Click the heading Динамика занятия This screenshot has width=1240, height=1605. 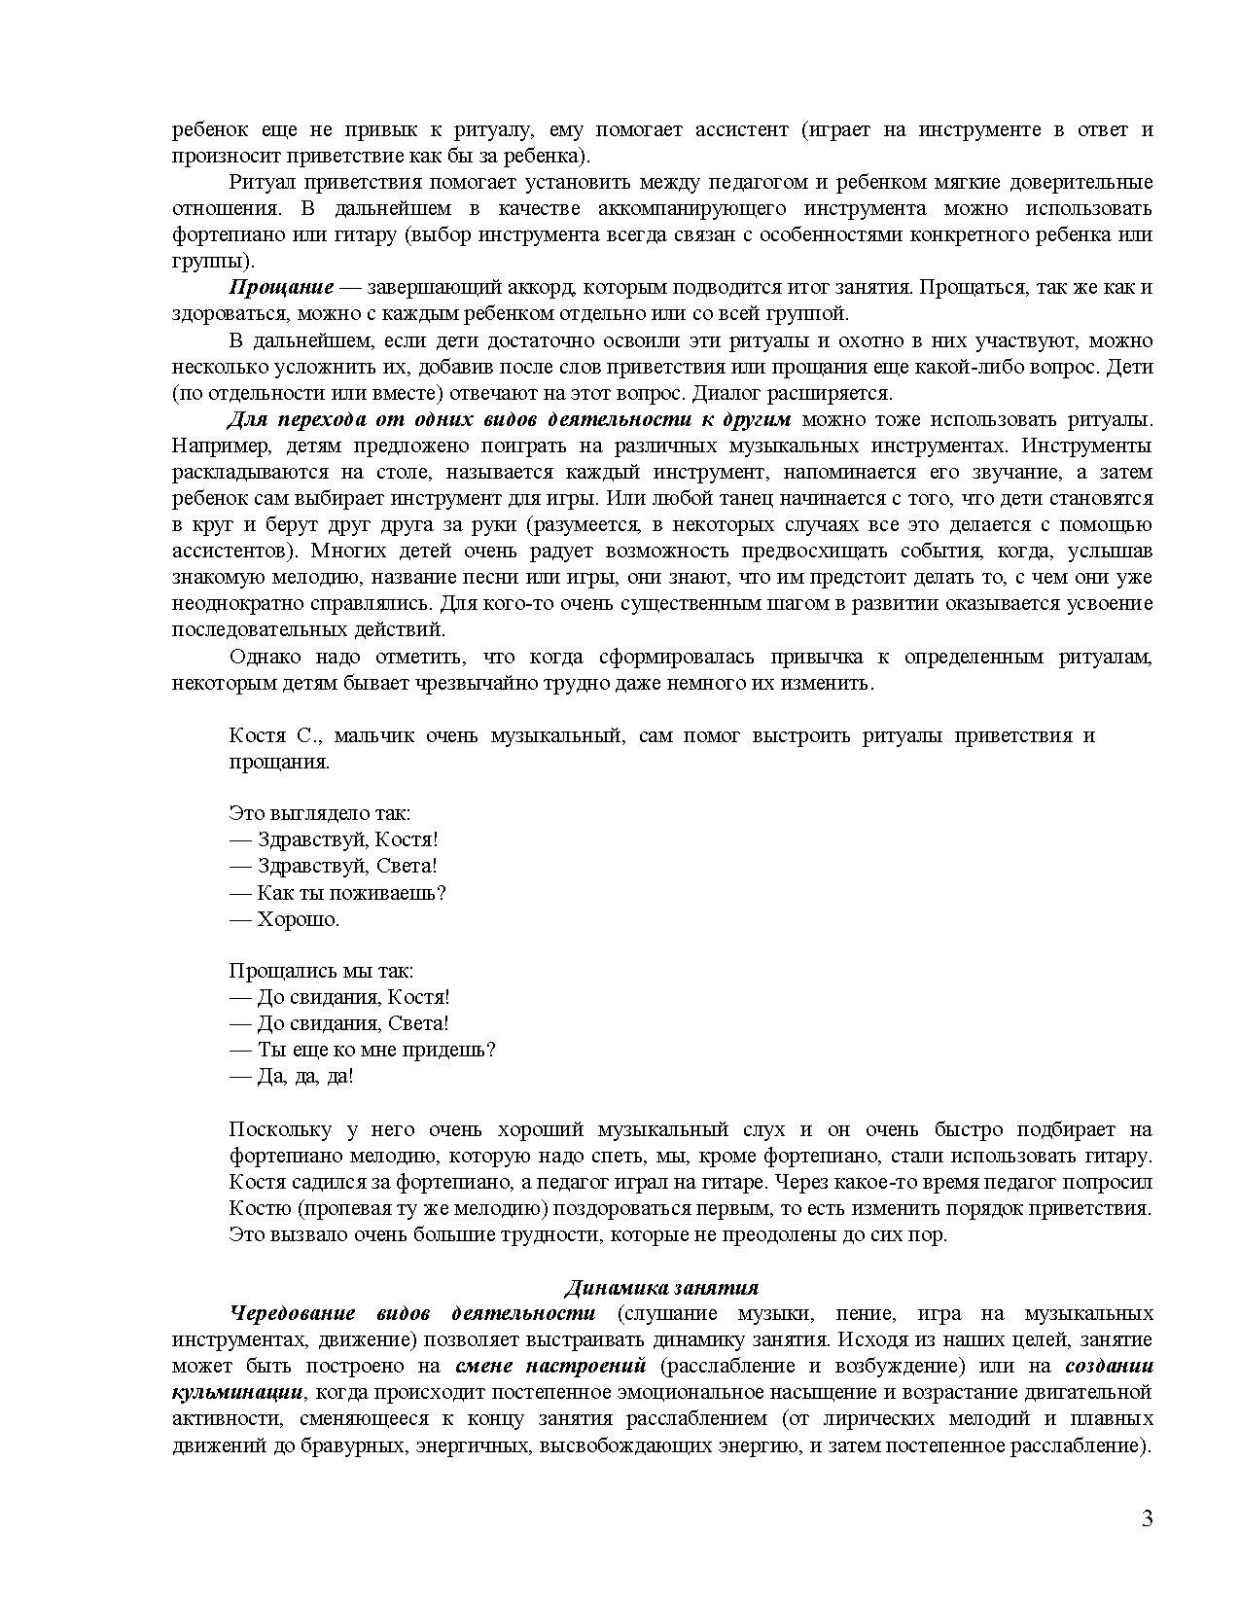coord(660,1288)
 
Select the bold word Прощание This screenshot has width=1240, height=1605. coord(281,287)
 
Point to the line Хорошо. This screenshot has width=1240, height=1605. coord(287,918)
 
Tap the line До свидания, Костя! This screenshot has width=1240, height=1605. coord(341,997)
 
